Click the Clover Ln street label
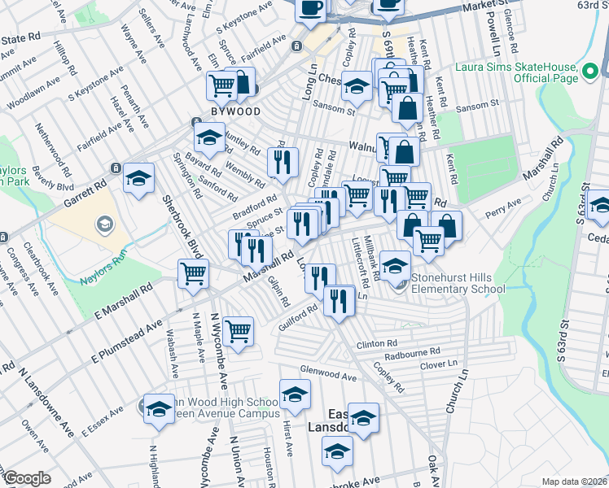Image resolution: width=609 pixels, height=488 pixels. click(x=440, y=365)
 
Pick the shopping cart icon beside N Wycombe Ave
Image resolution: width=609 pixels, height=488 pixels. click(x=237, y=330)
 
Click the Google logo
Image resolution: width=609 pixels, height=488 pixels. click(x=27, y=478)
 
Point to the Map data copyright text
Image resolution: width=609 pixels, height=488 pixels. click(x=574, y=481)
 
